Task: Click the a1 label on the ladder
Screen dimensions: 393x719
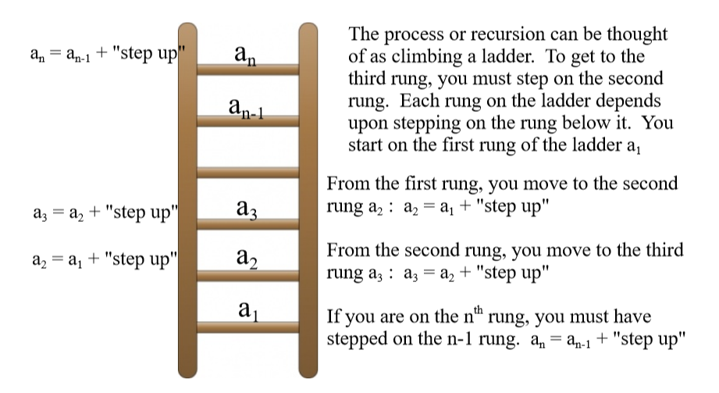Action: click(x=249, y=309)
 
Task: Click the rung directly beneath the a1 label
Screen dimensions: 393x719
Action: click(x=247, y=327)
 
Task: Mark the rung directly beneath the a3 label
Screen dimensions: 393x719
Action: click(x=247, y=224)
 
